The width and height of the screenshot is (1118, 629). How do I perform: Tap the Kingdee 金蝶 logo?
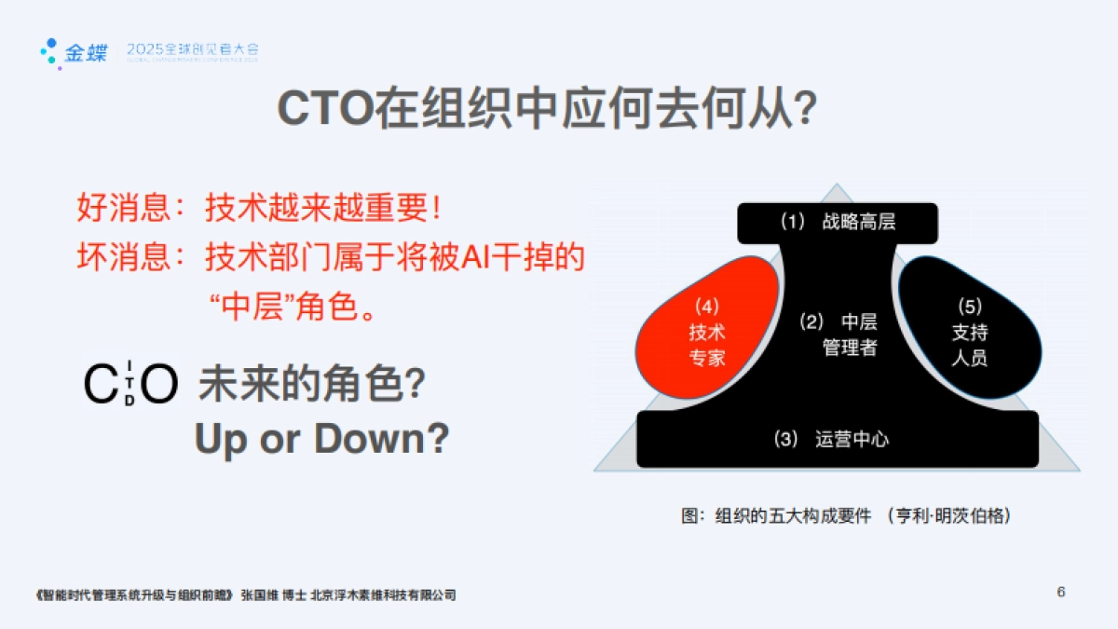pyautogui.click(x=74, y=52)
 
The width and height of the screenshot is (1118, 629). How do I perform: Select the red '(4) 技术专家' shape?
pyautogui.click(x=706, y=331)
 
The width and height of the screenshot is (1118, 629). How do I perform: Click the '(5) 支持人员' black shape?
pyautogui.click(x=969, y=331)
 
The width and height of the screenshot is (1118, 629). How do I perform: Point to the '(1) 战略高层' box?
pyautogui.click(x=837, y=223)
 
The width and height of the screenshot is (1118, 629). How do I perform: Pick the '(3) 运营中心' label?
pyautogui.click(x=832, y=439)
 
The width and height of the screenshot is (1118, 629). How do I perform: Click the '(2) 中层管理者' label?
pyautogui.click(x=838, y=335)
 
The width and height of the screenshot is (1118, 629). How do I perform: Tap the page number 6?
pyautogui.click(x=1061, y=592)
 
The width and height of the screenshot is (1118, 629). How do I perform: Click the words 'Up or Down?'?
pyautogui.click(x=321, y=439)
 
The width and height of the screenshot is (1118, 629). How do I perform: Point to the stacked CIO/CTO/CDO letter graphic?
pyautogui.click(x=130, y=383)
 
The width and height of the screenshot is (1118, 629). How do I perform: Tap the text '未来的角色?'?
pyautogui.click(x=312, y=383)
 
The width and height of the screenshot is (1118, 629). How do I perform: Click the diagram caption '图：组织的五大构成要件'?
pyautogui.click(x=778, y=515)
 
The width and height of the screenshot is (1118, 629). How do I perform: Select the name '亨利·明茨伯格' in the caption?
pyautogui.click(x=949, y=515)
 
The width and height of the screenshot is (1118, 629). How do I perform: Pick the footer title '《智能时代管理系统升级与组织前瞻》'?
pyautogui.click(x=133, y=595)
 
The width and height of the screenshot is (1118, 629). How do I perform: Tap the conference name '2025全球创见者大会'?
pyautogui.click(x=192, y=48)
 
